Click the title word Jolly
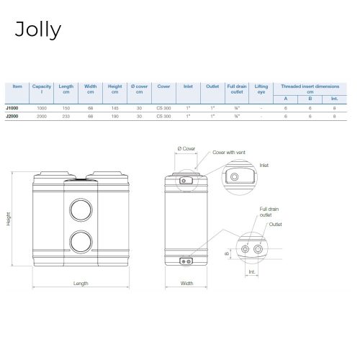point(37,30)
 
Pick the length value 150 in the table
point(66,107)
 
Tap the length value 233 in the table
point(66,116)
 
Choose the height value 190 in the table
point(114,116)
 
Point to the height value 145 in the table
point(114,107)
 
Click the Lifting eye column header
point(261,89)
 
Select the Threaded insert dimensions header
point(310,88)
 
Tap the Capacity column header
point(41,89)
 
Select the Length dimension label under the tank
point(81,283)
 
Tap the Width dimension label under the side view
point(186,283)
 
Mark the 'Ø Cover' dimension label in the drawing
point(186,148)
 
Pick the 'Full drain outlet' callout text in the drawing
point(269,212)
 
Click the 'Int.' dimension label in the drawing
point(251,272)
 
